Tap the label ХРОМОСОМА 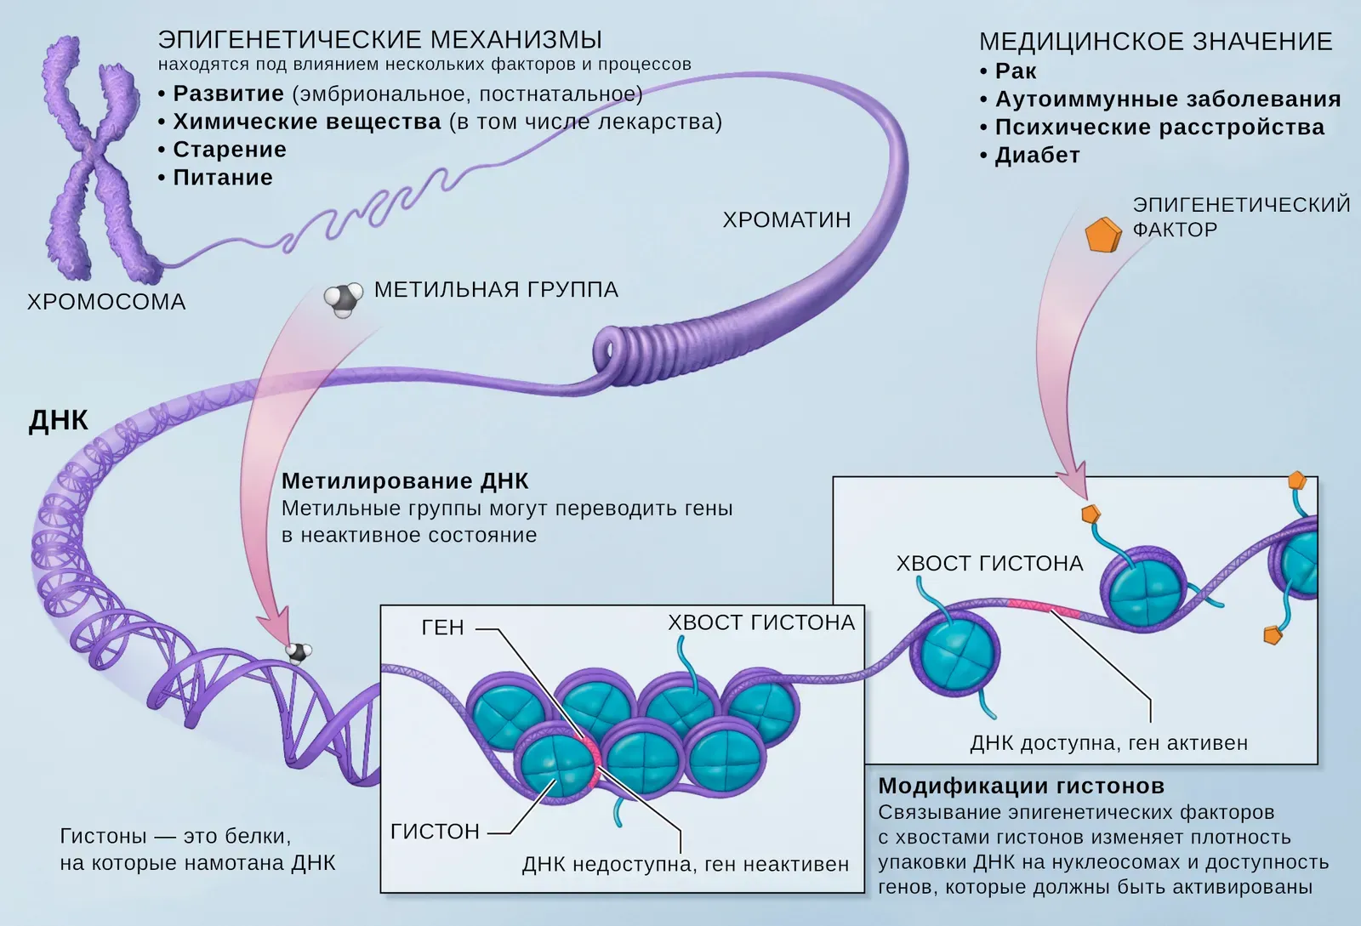pos(106,302)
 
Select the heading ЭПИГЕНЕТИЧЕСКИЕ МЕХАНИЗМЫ pos(380,40)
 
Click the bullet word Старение pos(230,150)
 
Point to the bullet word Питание pos(223,178)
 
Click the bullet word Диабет pos(1037,156)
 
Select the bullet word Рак pos(1016,71)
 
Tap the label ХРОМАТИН pos(787,220)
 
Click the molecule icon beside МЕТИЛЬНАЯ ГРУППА pos(343,299)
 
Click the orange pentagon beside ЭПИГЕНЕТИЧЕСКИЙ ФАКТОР pos(1102,235)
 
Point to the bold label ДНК pos(59,421)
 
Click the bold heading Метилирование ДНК pos(405,481)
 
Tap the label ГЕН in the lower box pos(443,628)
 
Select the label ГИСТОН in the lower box pos(435,832)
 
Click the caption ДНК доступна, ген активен pos(1108,743)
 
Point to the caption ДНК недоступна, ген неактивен pos(686,865)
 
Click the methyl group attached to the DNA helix pos(298,653)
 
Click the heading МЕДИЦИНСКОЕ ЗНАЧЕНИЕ pos(1155,42)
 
